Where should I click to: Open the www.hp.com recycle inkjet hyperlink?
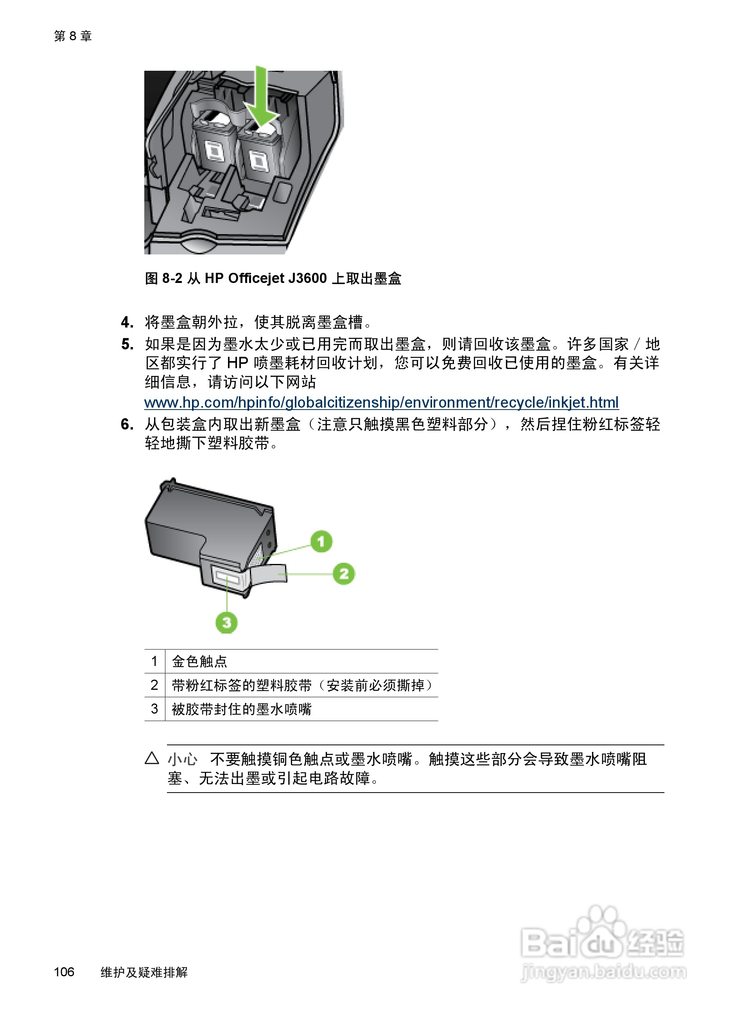(x=381, y=403)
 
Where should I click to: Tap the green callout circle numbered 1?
(x=321, y=541)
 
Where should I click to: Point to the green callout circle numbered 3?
(x=226, y=622)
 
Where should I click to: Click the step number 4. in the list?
(x=127, y=322)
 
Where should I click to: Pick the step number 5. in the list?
(x=127, y=344)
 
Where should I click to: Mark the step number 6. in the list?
(x=127, y=424)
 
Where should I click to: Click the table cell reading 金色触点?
(x=199, y=661)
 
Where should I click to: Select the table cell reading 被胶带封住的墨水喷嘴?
(x=241, y=709)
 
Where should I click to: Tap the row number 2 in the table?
(x=154, y=685)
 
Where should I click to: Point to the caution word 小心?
(x=182, y=759)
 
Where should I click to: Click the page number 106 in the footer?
(x=64, y=972)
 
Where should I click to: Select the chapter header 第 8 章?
(x=73, y=36)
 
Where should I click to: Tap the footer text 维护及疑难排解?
(x=144, y=972)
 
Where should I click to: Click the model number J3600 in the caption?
(x=307, y=278)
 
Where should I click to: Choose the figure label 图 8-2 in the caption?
(x=163, y=278)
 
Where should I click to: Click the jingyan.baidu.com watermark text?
(x=603, y=972)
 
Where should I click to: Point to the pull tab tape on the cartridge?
(x=270, y=572)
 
